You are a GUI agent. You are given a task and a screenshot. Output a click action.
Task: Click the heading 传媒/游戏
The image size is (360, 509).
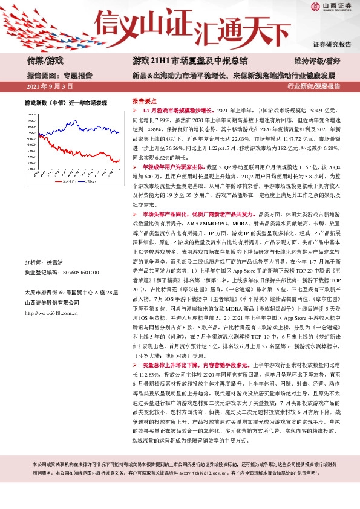coord(45,60)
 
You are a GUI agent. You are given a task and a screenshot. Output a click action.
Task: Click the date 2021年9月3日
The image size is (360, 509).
coord(52,87)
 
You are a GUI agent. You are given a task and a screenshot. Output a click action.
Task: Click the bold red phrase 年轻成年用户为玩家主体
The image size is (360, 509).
coord(174,165)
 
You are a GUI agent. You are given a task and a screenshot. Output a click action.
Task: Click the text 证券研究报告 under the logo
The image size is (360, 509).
coord(332,44)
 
